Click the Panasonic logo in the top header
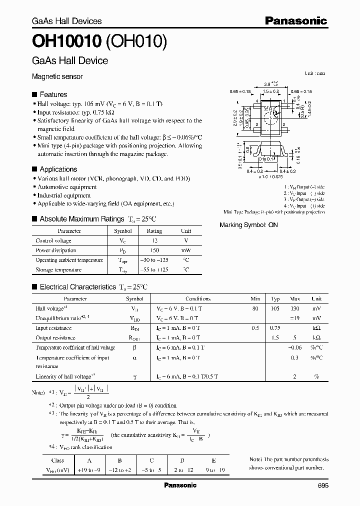295,20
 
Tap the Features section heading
53,94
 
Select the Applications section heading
58,169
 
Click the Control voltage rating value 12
154,241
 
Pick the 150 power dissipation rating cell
154,250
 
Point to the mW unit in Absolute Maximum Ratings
186,250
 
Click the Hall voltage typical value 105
275,309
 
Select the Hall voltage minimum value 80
255,309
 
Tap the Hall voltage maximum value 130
295,309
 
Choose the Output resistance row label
55,337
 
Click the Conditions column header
198,299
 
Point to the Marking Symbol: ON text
248,225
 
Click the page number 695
323,485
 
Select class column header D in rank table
182,460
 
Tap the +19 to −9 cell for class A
89,470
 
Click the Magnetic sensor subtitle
57,77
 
